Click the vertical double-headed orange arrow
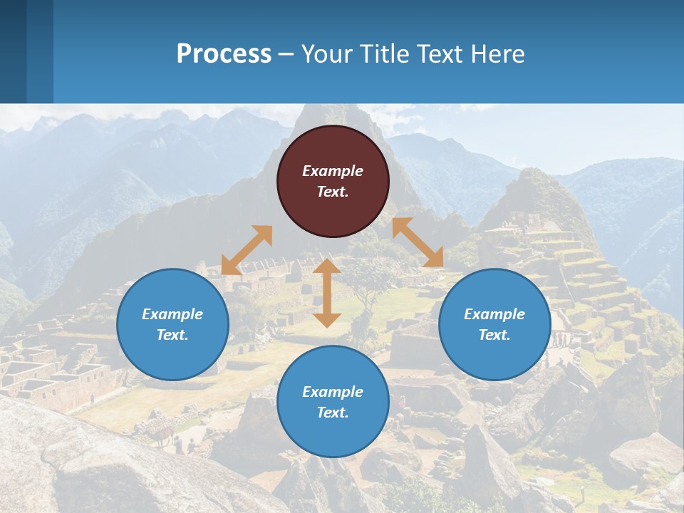point(327,293)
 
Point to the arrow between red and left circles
point(247,249)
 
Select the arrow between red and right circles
point(418,242)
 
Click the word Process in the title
point(224,53)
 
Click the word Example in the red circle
point(333,171)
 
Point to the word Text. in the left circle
point(172,335)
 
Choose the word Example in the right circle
point(494,314)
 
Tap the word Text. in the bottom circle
point(333,413)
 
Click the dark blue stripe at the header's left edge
point(13,51)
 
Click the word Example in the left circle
point(172,314)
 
